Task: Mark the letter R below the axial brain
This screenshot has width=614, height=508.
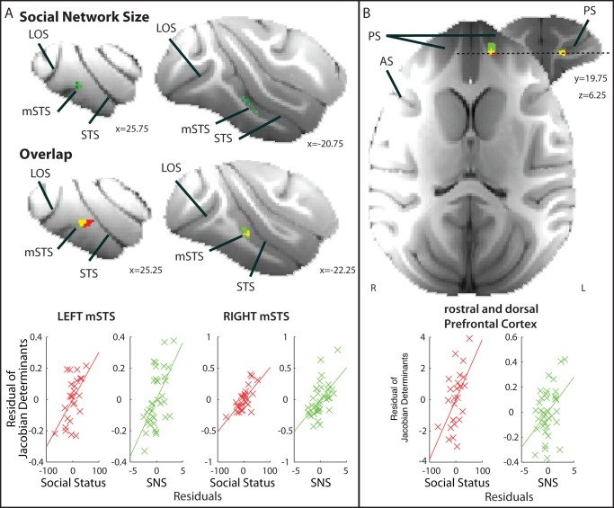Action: click(371, 288)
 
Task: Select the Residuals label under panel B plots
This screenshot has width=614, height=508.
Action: click(484, 494)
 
